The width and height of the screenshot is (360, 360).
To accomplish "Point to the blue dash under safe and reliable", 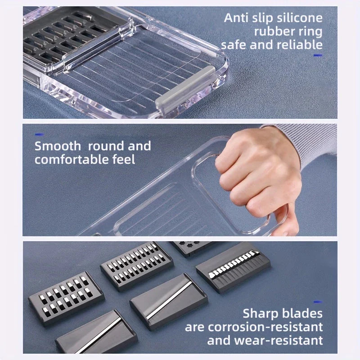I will tap(318, 55).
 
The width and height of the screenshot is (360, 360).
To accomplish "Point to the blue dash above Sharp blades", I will tap(318, 302).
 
